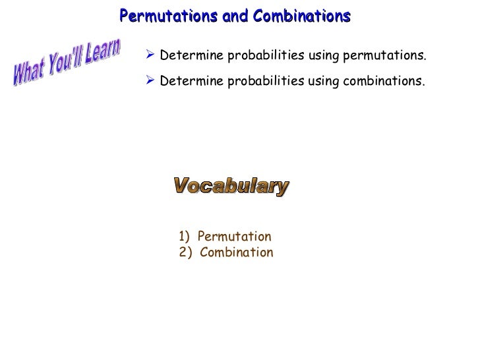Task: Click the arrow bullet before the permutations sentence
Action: [150, 57]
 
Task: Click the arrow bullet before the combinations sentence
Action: [150, 81]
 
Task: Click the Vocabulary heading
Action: [231, 187]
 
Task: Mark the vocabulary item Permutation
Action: [234, 237]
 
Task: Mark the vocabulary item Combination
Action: [236, 253]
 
